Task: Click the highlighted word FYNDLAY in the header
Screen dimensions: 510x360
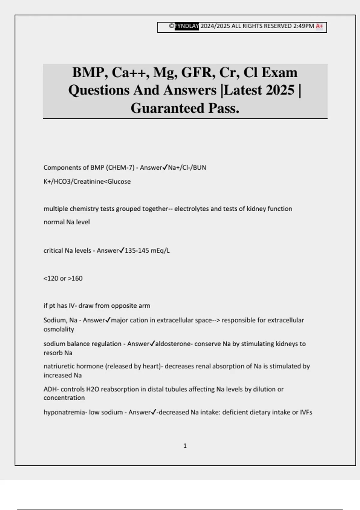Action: tap(187, 26)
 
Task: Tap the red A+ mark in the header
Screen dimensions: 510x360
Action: tap(319, 26)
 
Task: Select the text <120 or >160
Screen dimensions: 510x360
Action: tap(63, 278)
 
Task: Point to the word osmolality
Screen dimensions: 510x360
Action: tap(59, 329)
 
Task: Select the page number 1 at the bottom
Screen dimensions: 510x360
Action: tap(185, 446)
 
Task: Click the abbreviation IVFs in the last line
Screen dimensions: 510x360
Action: tap(306, 412)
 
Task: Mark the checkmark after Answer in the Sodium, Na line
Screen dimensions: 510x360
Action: tap(108, 320)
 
